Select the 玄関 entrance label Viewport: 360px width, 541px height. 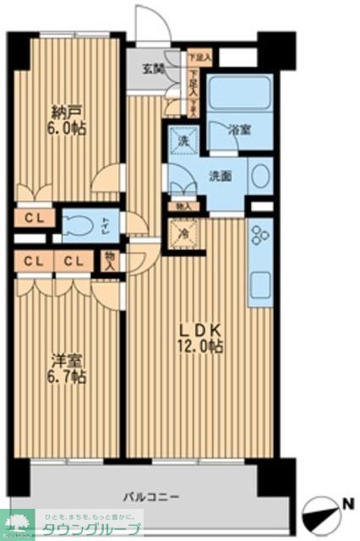(153, 69)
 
